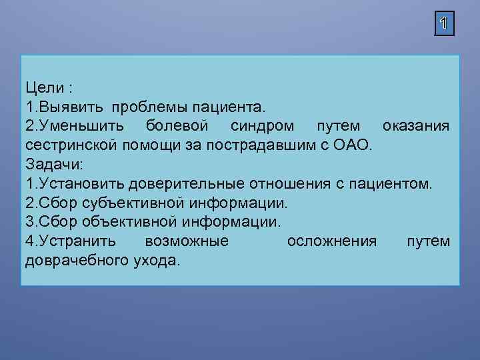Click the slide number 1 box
(x=444, y=25)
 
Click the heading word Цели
(x=44, y=87)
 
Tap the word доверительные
(x=188, y=183)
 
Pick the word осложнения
(x=332, y=241)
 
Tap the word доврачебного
(x=74, y=259)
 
